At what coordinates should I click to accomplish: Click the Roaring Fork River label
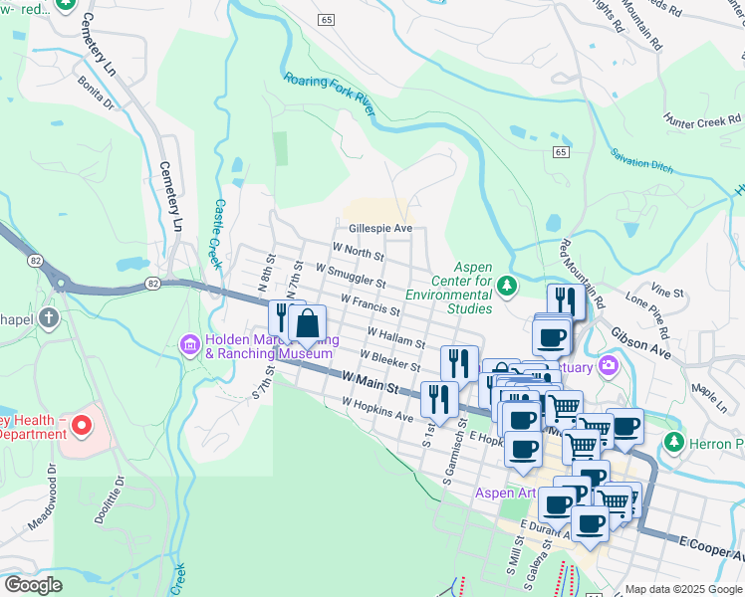click(329, 95)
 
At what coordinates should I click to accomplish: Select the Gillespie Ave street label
click(379, 228)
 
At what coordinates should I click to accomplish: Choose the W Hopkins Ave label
click(377, 410)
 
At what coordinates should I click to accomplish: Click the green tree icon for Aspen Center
click(507, 287)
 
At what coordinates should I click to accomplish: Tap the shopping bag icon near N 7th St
click(308, 322)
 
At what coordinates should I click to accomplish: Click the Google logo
click(33, 585)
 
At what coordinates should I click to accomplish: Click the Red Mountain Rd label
click(582, 273)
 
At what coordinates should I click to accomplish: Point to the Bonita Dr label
click(97, 95)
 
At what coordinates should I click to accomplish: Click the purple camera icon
click(606, 368)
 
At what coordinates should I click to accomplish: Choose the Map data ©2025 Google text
click(682, 589)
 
